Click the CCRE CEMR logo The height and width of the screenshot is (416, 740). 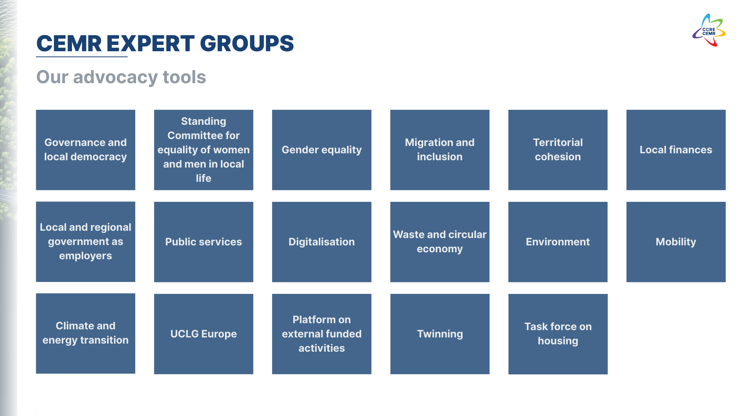pyautogui.click(x=709, y=30)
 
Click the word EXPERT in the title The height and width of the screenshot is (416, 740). pyautogui.click(x=150, y=44)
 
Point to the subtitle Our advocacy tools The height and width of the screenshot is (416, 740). pyautogui.click(x=121, y=77)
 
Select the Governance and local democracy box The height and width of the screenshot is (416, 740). pyautogui.click(x=86, y=150)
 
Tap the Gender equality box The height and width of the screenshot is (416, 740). pyautogui.click(x=322, y=150)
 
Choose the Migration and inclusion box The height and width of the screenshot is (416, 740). pyautogui.click(x=440, y=150)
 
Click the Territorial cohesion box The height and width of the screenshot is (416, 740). pyautogui.click(x=558, y=150)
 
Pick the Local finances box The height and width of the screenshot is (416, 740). pyautogui.click(x=676, y=150)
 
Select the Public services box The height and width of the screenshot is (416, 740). pyautogui.click(x=203, y=242)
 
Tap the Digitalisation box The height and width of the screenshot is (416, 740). pyautogui.click(x=322, y=242)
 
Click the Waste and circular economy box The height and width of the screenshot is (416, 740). pyautogui.click(x=440, y=242)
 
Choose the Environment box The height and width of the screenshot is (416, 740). pyautogui.click(x=558, y=242)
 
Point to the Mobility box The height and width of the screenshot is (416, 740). pyautogui.click(x=676, y=242)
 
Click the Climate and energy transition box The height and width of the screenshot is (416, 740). pyautogui.click(x=86, y=334)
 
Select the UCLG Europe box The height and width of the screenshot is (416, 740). pyautogui.click(x=203, y=334)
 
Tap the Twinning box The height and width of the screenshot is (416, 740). pyautogui.click(x=440, y=334)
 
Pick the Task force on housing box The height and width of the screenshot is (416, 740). pyautogui.click(x=558, y=334)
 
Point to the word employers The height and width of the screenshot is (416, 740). pyautogui.click(x=86, y=256)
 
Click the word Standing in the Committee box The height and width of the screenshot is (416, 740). pyautogui.click(x=203, y=121)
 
